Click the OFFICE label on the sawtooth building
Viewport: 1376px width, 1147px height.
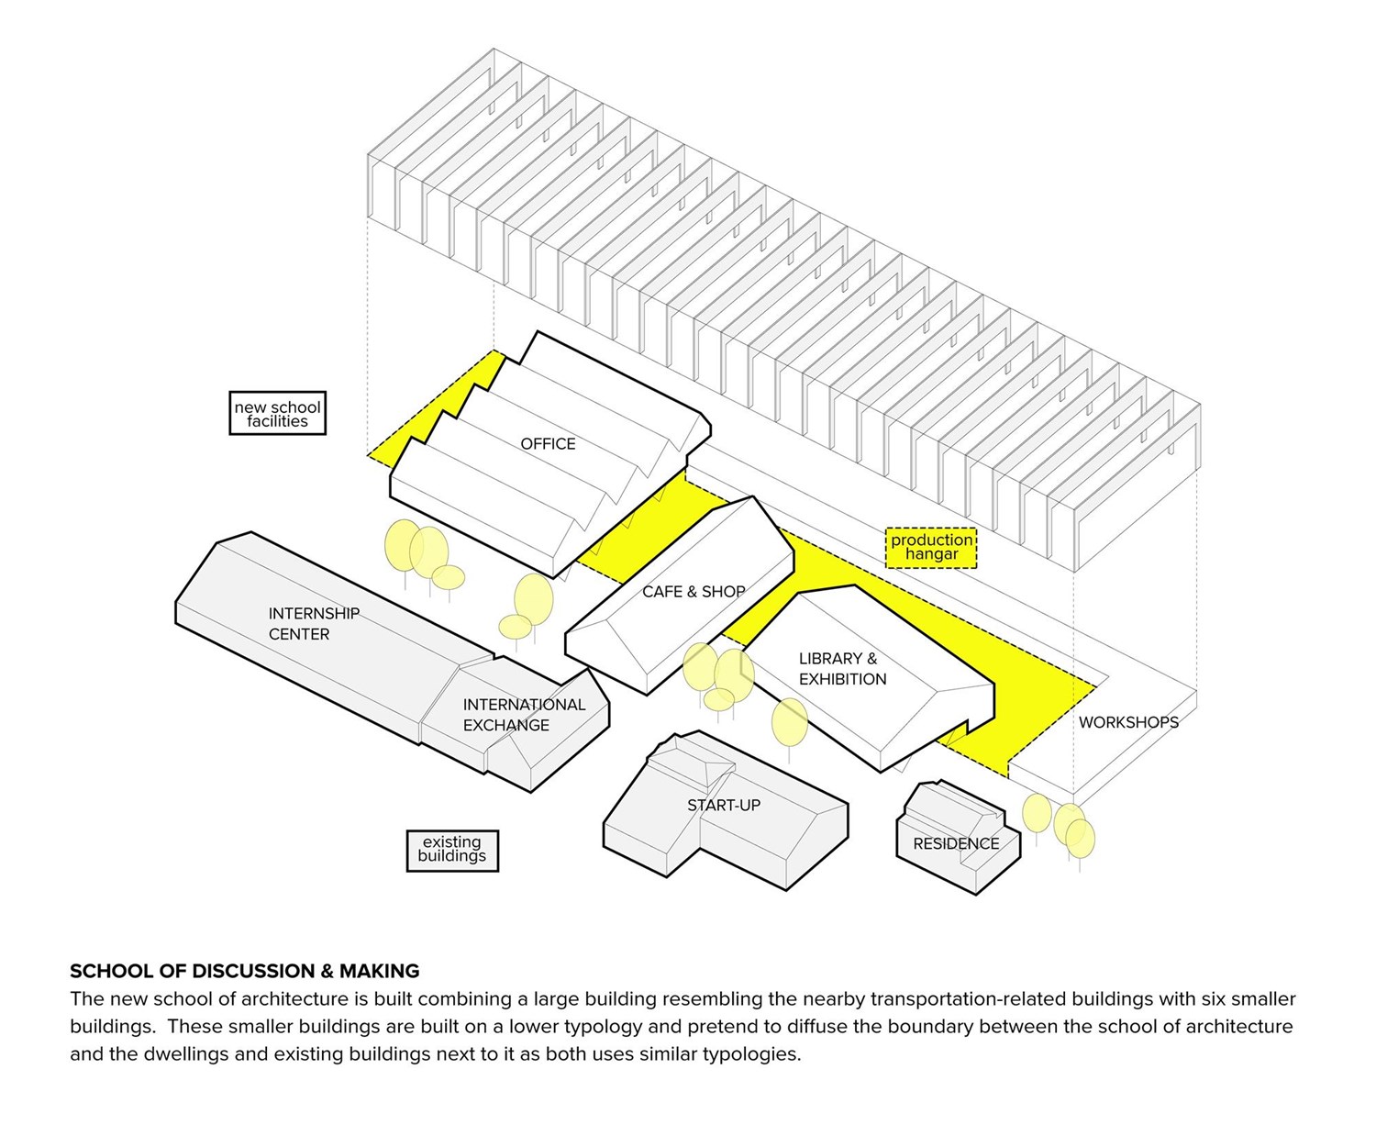[548, 444]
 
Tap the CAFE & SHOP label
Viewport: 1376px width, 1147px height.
[694, 592]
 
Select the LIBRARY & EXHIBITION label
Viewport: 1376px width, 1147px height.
[842, 669]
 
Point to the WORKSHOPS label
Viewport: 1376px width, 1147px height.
[1128, 722]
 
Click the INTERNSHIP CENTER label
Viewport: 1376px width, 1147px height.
[313, 624]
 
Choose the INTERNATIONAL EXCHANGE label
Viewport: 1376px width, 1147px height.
[523, 715]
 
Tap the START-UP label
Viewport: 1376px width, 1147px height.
[724, 806]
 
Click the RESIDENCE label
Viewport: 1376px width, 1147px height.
[956, 843]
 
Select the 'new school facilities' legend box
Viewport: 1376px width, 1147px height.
[277, 414]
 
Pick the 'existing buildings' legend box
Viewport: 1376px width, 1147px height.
[451, 850]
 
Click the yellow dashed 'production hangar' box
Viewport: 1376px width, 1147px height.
[931, 547]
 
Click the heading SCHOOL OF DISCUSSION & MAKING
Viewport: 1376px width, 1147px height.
[244, 971]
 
